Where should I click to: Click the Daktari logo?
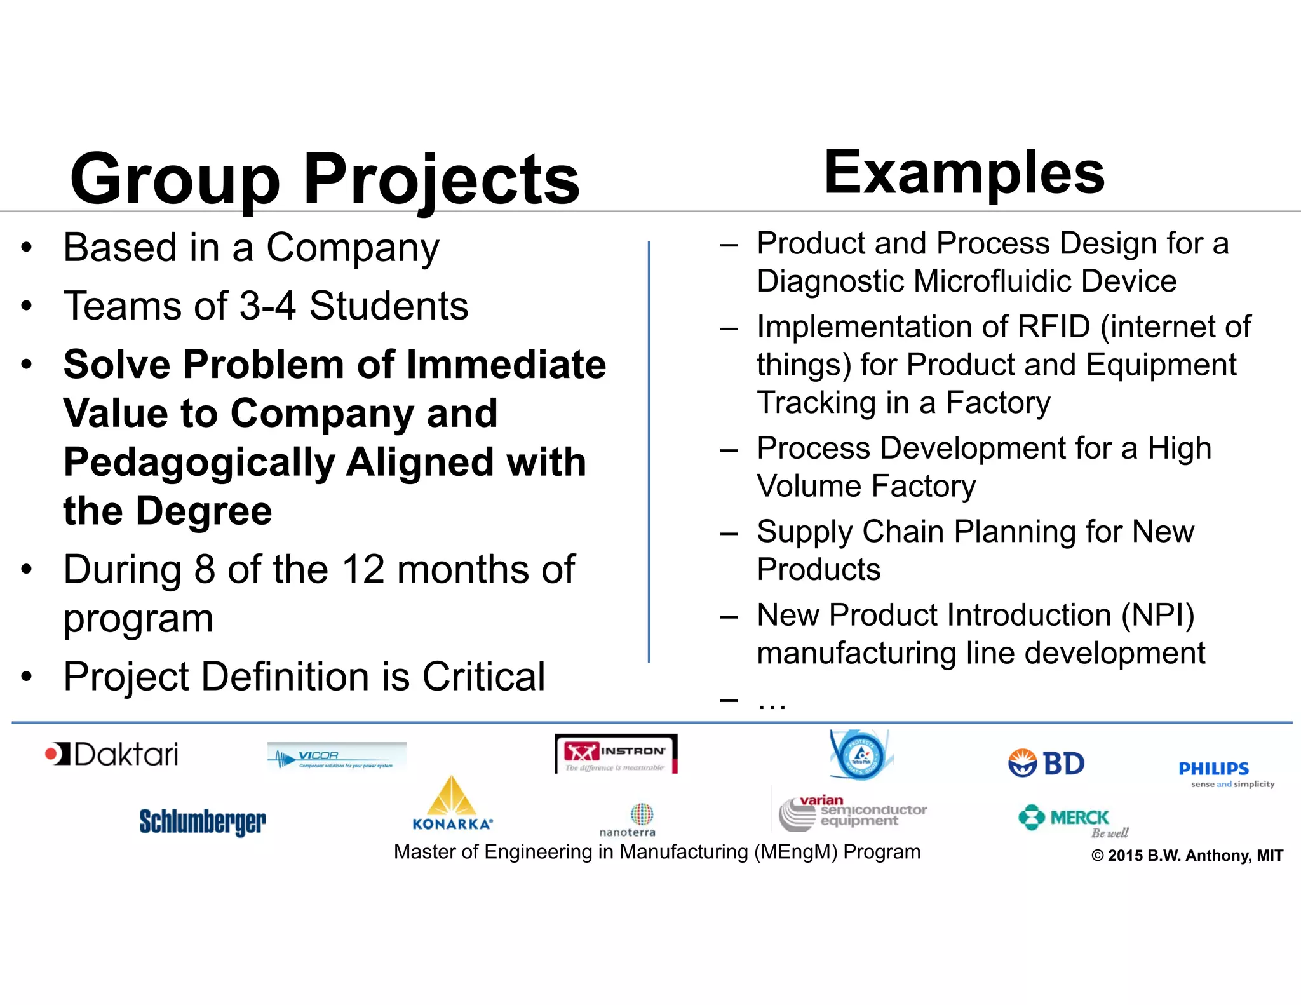[112, 755]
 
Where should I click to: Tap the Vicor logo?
[337, 756]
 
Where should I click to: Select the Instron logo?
[616, 754]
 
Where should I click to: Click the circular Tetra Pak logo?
[861, 755]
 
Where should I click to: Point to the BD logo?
[1047, 763]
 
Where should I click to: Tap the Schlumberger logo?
[203, 821]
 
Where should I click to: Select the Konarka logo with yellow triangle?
[452, 804]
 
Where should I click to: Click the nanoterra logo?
[628, 820]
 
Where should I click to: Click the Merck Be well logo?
[1074, 821]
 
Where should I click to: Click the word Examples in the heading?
[964, 173]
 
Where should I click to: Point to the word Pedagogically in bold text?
[199, 462]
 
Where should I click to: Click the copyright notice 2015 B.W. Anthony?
[1187, 856]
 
